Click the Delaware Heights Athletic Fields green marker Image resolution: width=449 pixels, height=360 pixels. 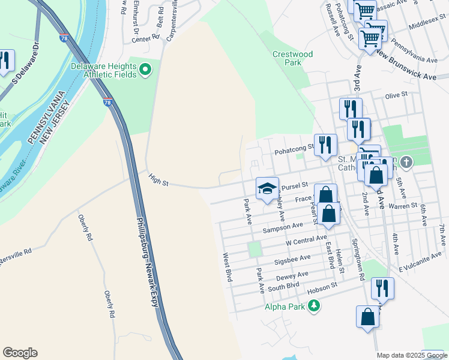tap(145, 71)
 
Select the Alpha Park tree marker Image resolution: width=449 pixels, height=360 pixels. tap(313, 307)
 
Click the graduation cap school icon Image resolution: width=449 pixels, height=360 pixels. tap(267, 188)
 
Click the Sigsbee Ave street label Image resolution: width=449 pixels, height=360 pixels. tap(293, 258)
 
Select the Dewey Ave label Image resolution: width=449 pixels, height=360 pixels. tap(292, 275)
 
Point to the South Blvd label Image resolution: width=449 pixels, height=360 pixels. tap(283, 287)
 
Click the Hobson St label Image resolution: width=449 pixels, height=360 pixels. tap(323, 289)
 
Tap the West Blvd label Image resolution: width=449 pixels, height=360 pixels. tap(228, 268)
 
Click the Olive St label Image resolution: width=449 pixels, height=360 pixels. tap(396, 95)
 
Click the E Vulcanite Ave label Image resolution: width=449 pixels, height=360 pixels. tap(420, 256)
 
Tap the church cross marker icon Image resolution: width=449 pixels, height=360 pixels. tap(406, 162)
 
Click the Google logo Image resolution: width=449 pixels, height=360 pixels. tap(20, 353)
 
